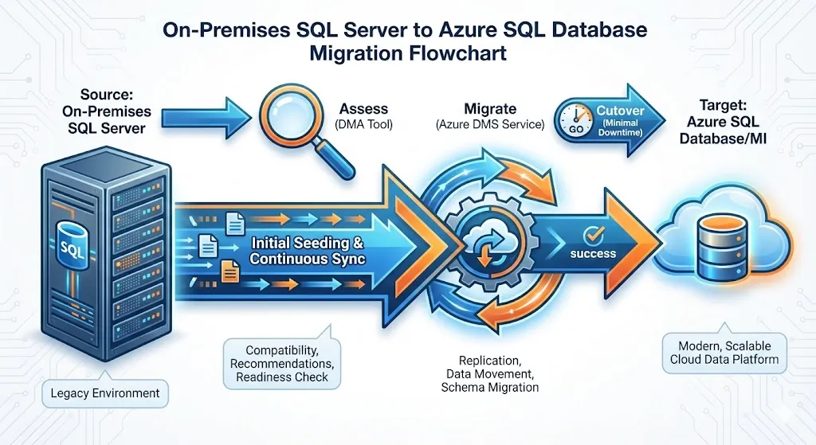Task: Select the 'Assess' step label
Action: point(363,108)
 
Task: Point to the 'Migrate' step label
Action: point(490,108)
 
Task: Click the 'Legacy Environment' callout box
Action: point(104,392)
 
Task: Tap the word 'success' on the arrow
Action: point(593,254)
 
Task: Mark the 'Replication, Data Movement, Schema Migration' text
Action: point(489,373)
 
